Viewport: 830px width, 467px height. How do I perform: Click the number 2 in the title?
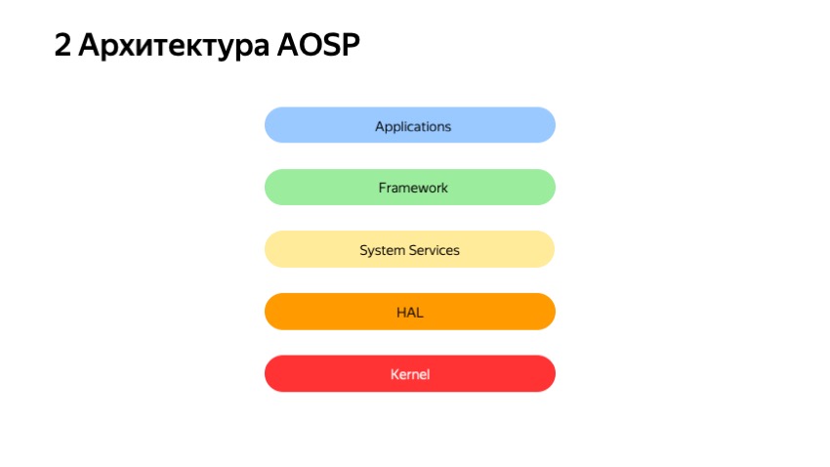63,45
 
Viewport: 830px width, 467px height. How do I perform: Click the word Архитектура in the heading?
167,45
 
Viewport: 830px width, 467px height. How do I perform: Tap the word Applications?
413,126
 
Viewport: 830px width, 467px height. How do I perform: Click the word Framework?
413,188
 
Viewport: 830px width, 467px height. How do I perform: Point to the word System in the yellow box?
381,250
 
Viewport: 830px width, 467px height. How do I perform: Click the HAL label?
410,313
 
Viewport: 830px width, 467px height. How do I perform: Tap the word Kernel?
410,374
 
